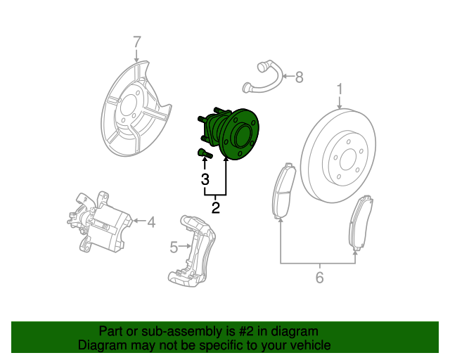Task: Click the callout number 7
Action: click(x=137, y=42)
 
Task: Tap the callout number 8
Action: click(x=299, y=77)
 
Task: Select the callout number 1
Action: click(x=340, y=89)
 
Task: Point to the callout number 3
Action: click(x=205, y=179)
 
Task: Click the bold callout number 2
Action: click(x=216, y=207)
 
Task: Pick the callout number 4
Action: click(x=151, y=222)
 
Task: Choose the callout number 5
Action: click(x=174, y=247)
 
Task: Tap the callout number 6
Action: click(x=319, y=277)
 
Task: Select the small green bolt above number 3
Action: click(x=205, y=153)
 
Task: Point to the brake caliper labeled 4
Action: click(x=99, y=222)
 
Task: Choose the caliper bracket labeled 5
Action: click(x=192, y=249)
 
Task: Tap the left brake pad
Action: click(x=283, y=191)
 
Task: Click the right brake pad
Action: click(x=361, y=222)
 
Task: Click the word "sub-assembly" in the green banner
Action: click(x=181, y=331)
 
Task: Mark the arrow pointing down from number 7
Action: click(x=136, y=56)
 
